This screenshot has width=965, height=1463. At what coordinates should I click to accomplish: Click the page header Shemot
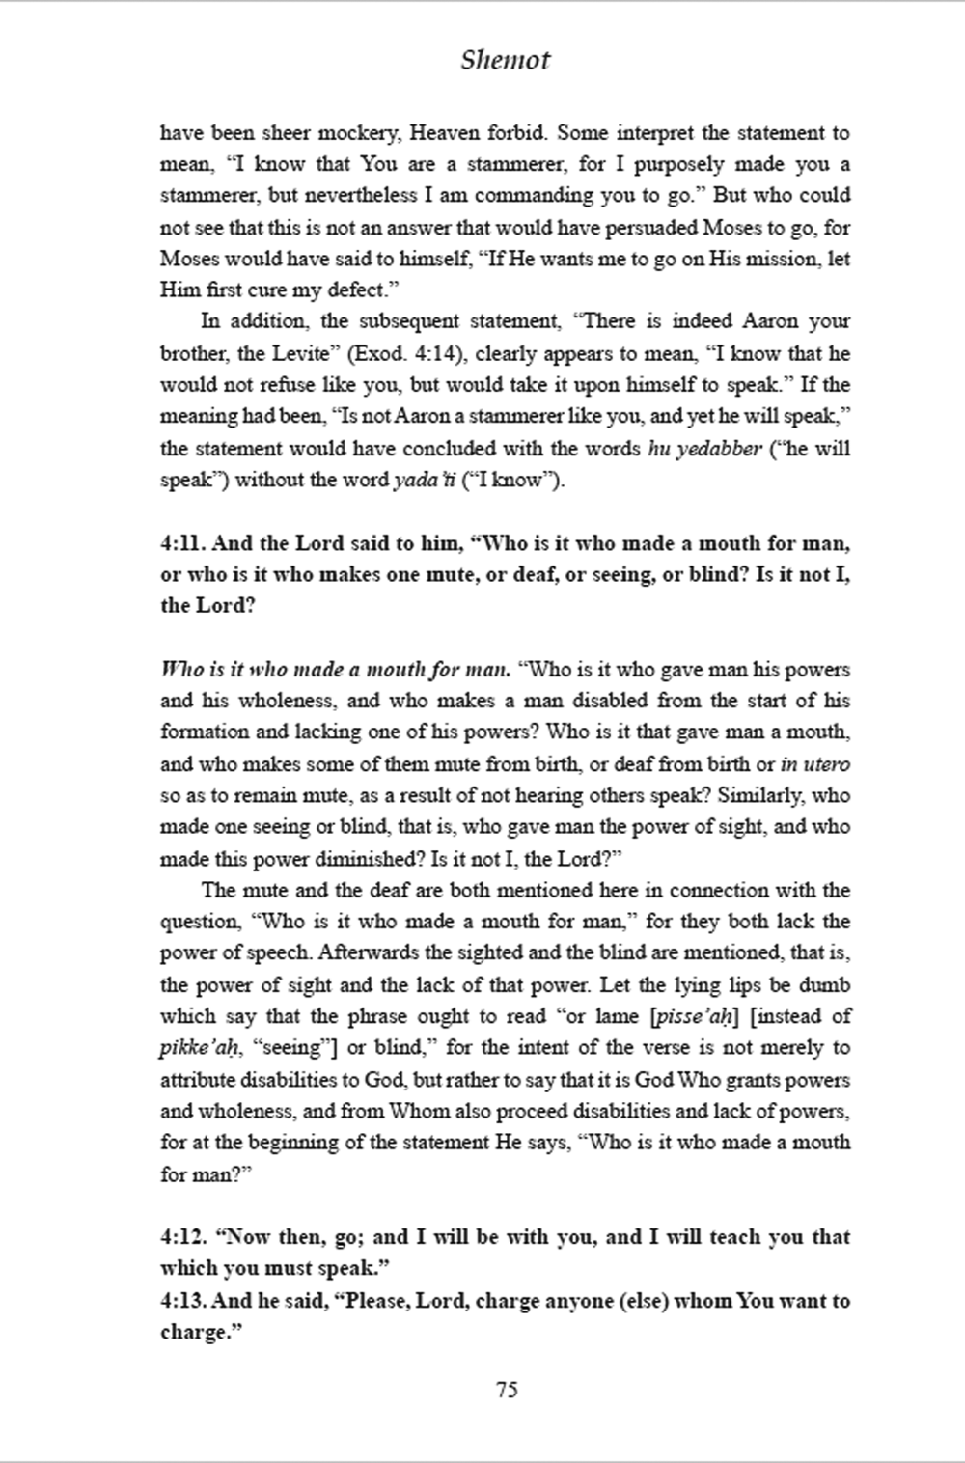pyautogui.click(x=505, y=60)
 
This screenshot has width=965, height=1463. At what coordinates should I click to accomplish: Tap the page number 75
pyautogui.click(x=507, y=1390)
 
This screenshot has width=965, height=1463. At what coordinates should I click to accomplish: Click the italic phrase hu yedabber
pyautogui.click(x=704, y=449)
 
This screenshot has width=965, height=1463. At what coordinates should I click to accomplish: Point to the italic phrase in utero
pyautogui.click(x=815, y=764)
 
